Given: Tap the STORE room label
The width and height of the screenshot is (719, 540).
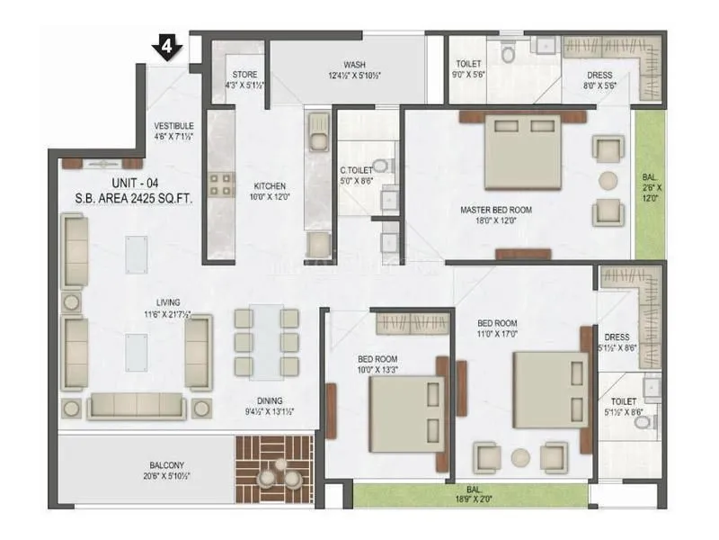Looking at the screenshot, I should point(245,80).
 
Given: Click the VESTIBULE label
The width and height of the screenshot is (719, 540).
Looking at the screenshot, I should point(173,131).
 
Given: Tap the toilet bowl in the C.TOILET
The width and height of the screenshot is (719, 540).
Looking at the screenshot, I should point(381,166).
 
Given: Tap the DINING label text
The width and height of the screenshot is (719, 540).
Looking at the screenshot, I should point(269,401).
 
